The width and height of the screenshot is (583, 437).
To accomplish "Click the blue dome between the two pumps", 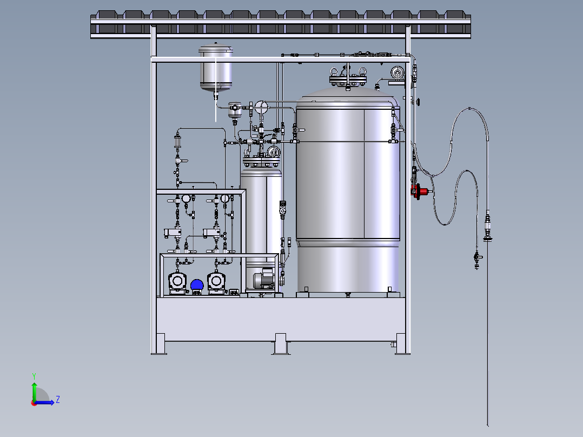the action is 197,285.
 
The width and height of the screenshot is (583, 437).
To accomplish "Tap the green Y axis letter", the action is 34,376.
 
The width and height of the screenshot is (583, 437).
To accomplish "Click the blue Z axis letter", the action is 58,400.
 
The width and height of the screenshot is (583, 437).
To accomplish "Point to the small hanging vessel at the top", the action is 216,68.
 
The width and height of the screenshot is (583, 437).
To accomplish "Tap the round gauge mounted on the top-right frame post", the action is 398,72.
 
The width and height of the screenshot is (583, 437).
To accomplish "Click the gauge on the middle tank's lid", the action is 274,152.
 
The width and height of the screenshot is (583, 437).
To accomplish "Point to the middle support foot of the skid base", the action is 281,344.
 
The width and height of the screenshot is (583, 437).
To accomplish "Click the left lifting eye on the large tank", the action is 334,71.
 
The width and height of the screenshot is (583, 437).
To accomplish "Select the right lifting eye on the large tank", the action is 362,71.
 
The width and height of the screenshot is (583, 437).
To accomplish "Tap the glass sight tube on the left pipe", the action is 177,141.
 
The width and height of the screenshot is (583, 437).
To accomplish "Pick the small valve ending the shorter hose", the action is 477,259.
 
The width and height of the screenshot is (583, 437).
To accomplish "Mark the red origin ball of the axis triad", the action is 34,403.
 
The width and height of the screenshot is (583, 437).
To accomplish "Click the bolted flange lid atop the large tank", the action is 348,79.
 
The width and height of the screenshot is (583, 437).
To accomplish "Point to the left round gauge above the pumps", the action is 186,198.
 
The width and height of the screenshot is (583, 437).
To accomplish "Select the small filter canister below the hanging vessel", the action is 235,110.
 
